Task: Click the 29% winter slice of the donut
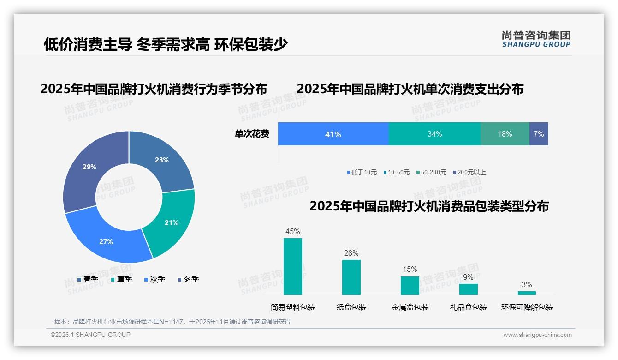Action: click(x=88, y=168)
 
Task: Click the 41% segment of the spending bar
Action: click(x=333, y=134)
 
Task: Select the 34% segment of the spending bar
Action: click(x=434, y=134)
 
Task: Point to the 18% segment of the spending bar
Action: click(x=505, y=134)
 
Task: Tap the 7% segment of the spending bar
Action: click(x=539, y=134)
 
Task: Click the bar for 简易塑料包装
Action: click(x=293, y=266)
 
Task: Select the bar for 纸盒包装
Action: click(x=351, y=277)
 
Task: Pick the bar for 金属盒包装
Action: click(x=410, y=285)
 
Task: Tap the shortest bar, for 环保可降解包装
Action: click(x=527, y=293)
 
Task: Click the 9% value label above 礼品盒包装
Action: click(x=468, y=277)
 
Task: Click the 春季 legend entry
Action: click(x=88, y=279)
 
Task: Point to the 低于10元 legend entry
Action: click(x=362, y=173)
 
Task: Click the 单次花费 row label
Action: click(x=252, y=134)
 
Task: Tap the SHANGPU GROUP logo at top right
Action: click(x=536, y=39)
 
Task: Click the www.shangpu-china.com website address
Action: click(x=537, y=335)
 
